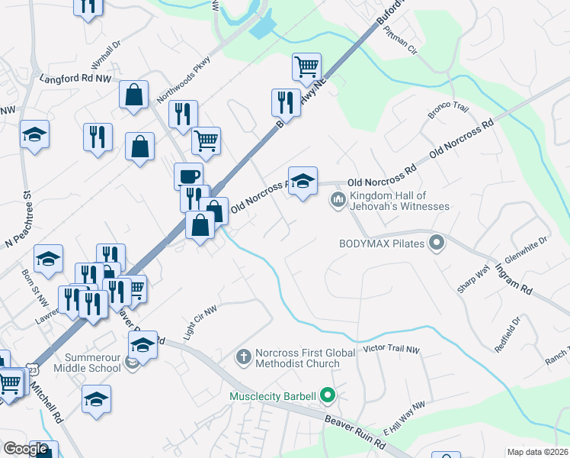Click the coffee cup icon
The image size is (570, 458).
click(x=188, y=176)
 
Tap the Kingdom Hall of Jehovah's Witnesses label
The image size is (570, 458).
click(x=399, y=201)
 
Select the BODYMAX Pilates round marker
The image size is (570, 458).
click(x=437, y=244)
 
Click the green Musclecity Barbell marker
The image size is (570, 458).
click(x=328, y=395)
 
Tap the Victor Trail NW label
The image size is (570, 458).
click(x=391, y=350)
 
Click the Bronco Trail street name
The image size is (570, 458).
click(x=447, y=111)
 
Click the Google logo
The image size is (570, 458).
click(x=26, y=448)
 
